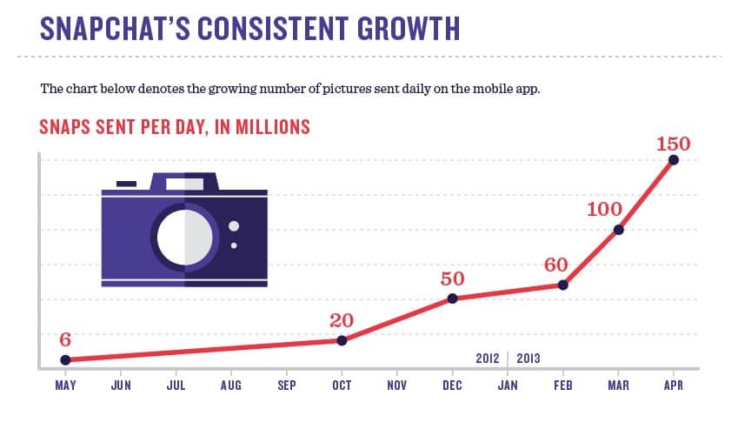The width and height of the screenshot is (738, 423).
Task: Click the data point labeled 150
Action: [x=673, y=160]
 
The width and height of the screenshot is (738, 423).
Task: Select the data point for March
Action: [x=618, y=230]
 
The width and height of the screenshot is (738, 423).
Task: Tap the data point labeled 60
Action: [x=562, y=285]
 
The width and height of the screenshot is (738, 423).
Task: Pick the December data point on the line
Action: [x=452, y=299]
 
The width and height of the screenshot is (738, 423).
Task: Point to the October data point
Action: [x=342, y=340]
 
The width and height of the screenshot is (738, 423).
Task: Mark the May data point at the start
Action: [x=65, y=359]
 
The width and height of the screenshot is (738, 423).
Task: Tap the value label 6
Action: [x=64, y=339]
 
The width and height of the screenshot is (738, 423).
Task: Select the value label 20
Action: [x=342, y=319]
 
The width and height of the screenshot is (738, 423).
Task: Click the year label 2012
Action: [x=488, y=358]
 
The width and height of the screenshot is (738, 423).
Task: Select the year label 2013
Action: [x=529, y=358]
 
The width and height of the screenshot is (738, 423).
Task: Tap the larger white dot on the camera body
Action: [x=233, y=226]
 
